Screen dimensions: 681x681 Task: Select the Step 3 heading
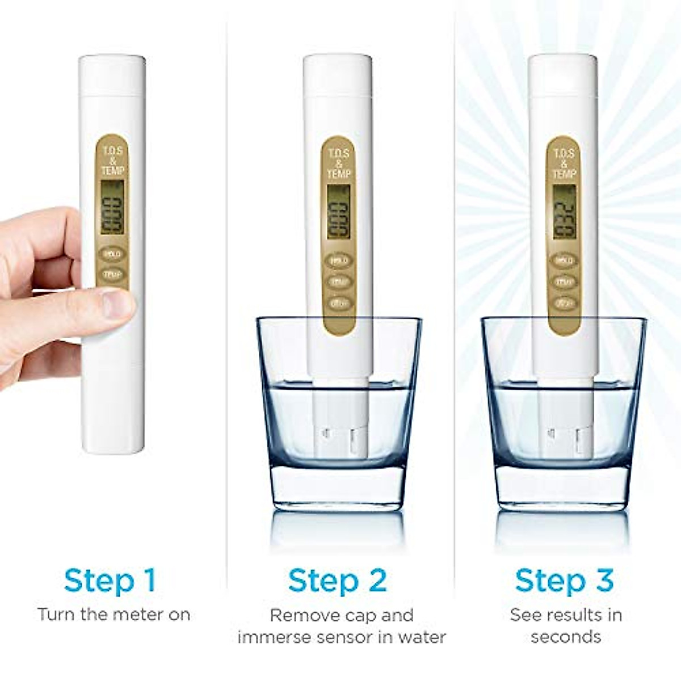(x=564, y=581)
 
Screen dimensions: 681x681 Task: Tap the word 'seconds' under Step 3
(x=566, y=637)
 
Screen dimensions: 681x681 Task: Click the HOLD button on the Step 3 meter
(x=564, y=260)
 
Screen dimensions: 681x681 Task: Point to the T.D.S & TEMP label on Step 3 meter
(x=564, y=162)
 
